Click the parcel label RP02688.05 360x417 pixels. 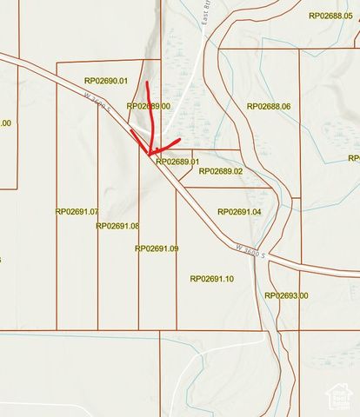point(330,16)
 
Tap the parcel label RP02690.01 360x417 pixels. point(106,81)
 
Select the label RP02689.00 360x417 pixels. point(148,106)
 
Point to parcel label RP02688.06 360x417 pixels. point(269,106)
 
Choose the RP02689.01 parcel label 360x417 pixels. point(177,162)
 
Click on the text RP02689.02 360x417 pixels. point(221,171)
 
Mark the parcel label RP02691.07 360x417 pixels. point(77,211)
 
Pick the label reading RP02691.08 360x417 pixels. point(117,226)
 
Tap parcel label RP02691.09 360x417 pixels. point(157,248)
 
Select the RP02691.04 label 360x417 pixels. point(239,212)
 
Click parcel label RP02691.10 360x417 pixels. point(211,279)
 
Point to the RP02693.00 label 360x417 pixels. point(286,295)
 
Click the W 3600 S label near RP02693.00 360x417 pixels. point(250,250)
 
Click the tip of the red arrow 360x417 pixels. point(150,153)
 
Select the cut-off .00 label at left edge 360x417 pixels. point(5,123)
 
